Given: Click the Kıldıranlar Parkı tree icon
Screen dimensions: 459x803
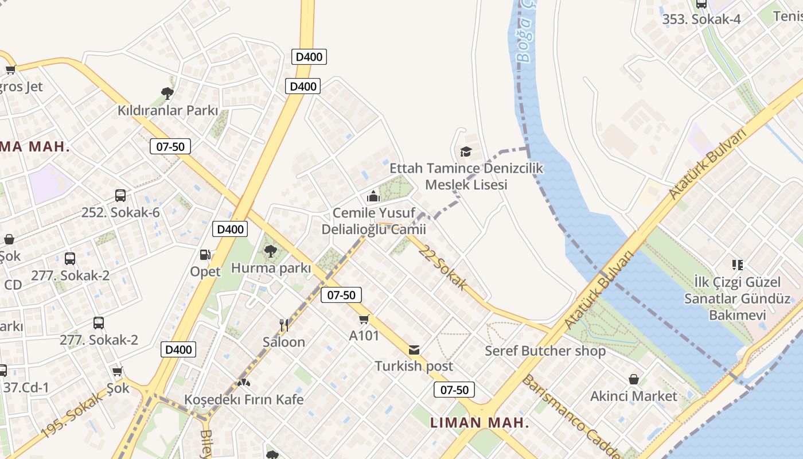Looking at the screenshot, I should click(167, 92).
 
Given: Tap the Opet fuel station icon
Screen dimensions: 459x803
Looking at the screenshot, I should click(205, 254).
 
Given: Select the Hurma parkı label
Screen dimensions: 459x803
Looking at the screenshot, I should click(271, 268).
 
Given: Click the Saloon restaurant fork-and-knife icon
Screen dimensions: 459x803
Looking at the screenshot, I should click(283, 325).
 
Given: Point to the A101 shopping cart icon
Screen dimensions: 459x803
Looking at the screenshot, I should click(364, 319).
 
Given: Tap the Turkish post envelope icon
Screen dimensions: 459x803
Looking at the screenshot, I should click(414, 349).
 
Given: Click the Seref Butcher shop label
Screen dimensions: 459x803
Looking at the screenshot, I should click(545, 351).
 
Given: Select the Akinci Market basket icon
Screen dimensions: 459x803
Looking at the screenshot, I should click(634, 379).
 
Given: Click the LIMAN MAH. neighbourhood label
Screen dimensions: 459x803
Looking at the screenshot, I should click(480, 423).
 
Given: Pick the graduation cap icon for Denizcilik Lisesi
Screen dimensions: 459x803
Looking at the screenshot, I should click(466, 151).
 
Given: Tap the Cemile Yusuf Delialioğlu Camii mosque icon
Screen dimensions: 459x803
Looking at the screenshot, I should click(373, 197).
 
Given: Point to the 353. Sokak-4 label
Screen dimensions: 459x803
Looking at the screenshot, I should click(701, 19).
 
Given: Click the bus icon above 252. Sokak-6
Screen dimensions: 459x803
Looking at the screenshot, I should click(120, 195).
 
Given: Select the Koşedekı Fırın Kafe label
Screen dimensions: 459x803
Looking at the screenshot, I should click(244, 399).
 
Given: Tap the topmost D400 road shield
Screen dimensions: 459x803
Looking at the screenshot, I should click(309, 57).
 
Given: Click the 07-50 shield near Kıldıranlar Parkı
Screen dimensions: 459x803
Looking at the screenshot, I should click(170, 146).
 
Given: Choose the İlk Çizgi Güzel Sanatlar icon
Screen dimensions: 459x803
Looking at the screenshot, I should click(737, 264).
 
